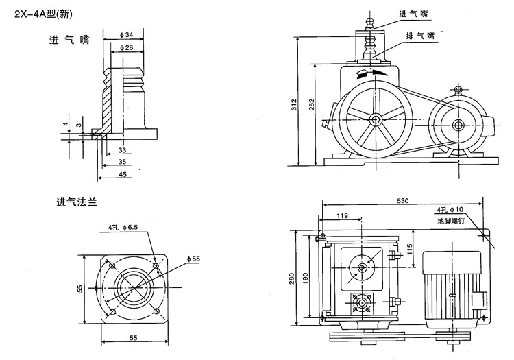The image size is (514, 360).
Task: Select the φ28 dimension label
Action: coord(125,47)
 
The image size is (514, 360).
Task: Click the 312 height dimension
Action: coord(293,104)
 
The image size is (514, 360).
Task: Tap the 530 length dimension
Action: coord(403,200)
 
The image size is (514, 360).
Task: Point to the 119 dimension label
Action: coord(344,217)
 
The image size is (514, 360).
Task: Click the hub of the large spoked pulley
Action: coord(376,120)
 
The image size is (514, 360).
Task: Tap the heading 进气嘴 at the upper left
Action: coord(69,40)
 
